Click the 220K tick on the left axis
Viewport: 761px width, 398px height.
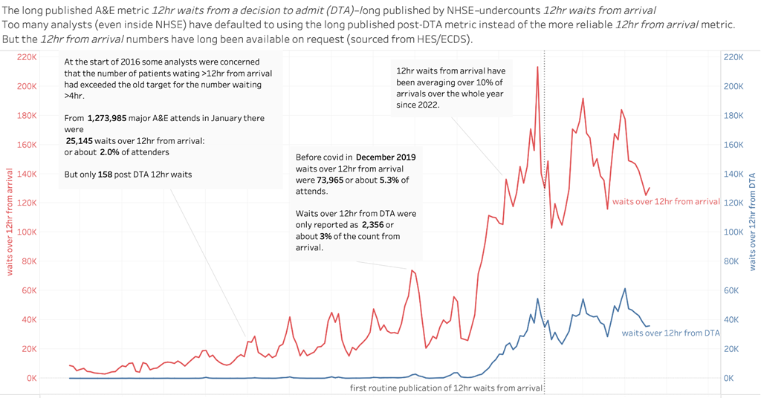pyautogui.click(x=27, y=57)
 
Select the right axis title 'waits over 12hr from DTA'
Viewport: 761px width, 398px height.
pyautogui.click(x=753, y=220)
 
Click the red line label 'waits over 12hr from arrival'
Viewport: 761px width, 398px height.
pyautogui.click(x=666, y=201)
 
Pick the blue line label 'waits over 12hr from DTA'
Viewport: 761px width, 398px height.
pyautogui.click(x=671, y=333)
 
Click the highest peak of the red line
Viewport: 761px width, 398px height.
pyautogui.click(x=537, y=67)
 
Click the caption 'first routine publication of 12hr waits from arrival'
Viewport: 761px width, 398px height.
pyautogui.click(x=446, y=388)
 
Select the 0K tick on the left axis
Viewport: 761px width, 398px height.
pyautogui.click(x=30, y=378)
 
